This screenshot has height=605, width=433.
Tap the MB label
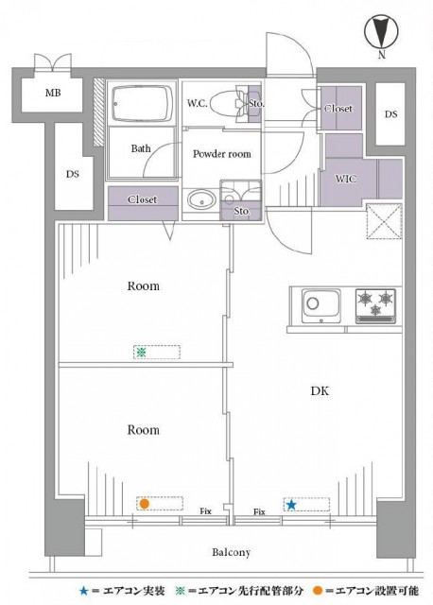(x=53, y=93)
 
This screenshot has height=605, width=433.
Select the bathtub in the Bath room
(x=142, y=103)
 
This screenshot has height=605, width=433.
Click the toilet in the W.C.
(x=230, y=103)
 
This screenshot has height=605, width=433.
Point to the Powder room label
(x=222, y=154)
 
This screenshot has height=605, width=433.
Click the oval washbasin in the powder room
(x=201, y=199)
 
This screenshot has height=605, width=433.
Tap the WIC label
(x=345, y=179)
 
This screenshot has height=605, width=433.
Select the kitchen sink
(x=321, y=306)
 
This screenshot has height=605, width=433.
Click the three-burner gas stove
(x=375, y=305)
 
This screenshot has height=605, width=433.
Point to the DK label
(x=320, y=390)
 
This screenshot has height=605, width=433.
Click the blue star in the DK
(x=291, y=505)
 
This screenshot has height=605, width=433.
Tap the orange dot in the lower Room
(x=145, y=504)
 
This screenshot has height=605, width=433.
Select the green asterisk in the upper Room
(x=141, y=353)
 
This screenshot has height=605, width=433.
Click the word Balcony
(x=232, y=552)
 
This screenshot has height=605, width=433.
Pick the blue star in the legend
(x=83, y=590)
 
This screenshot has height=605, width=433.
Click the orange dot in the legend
(x=318, y=590)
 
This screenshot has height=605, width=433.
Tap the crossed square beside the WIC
(x=384, y=221)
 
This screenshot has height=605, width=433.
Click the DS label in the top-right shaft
(x=390, y=114)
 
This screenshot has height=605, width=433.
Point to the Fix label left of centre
(x=206, y=511)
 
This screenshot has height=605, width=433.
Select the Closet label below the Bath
(x=143, y=199)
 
